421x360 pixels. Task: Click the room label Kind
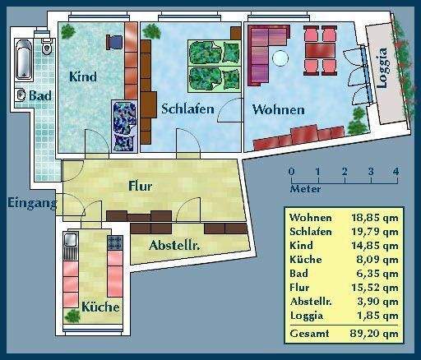click(x=83, y=77)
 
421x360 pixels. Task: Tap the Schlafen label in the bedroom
click(x=187, y=108)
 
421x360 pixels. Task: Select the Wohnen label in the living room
click(x=278, y=109)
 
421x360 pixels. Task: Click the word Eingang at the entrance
click(x=32, y=203)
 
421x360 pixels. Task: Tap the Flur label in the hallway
click(x=141, y=187)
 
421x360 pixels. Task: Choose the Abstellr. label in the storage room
click(x=176, y=245)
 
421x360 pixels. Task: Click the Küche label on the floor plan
click(x=100, y=307)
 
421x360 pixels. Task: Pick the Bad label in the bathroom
click(x=39, y=96)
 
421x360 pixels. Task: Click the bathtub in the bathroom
click(x=23, y=63)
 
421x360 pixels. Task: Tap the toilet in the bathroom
click(x=46, y=35)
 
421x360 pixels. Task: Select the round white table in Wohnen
click(x=282, y=59)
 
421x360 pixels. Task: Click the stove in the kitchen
click(x=114, y=243)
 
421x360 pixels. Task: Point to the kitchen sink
click(x=70, y=242)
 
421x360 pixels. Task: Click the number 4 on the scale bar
click(x=396, y=172)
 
